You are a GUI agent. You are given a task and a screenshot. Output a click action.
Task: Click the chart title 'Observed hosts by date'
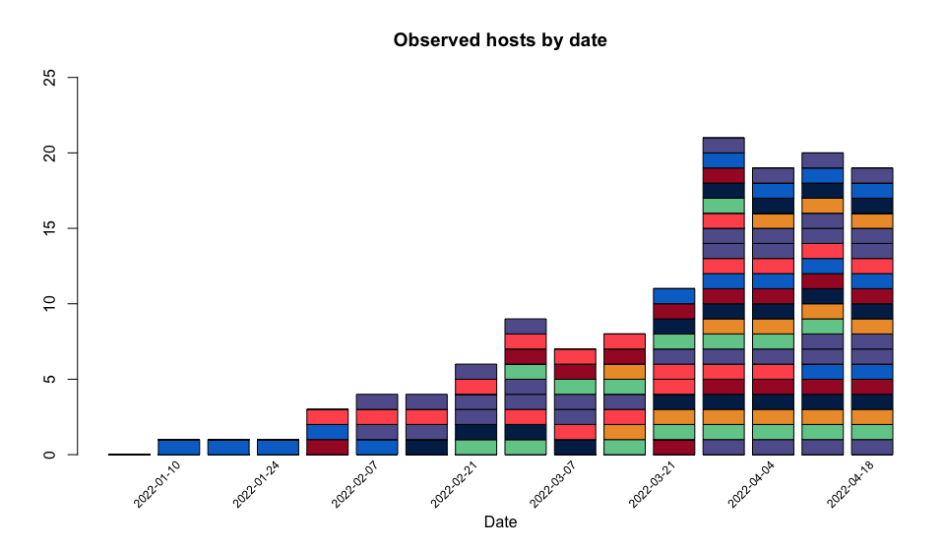[500, 41]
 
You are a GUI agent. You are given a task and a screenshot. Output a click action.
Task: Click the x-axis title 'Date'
[500, 522]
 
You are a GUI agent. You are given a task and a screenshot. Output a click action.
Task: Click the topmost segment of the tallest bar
[724, 146]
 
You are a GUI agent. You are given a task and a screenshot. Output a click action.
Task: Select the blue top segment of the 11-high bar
[674, 296]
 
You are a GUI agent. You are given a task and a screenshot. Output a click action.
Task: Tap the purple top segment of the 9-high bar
[526, 327]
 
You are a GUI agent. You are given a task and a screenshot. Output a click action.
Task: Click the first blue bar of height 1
[179, 447]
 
